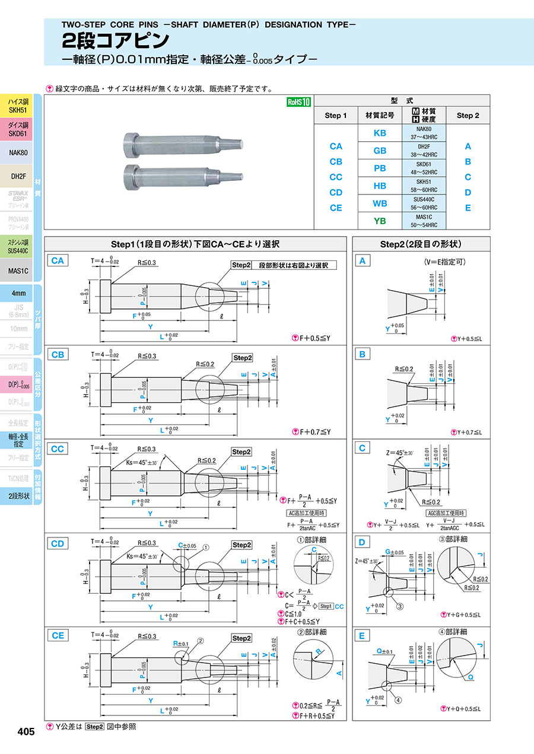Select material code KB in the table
click(380, 133)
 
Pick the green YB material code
click(380, 221)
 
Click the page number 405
click(26, 732)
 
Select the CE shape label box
click(58, 635)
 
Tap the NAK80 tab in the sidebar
click(18, 152)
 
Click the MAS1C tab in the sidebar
click(18, 271)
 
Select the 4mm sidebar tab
click(18, 293)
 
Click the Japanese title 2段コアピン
click(116, 40)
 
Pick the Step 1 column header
click(336, 116)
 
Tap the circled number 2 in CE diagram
click(201, 641)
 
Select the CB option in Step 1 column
click(336, 162)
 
